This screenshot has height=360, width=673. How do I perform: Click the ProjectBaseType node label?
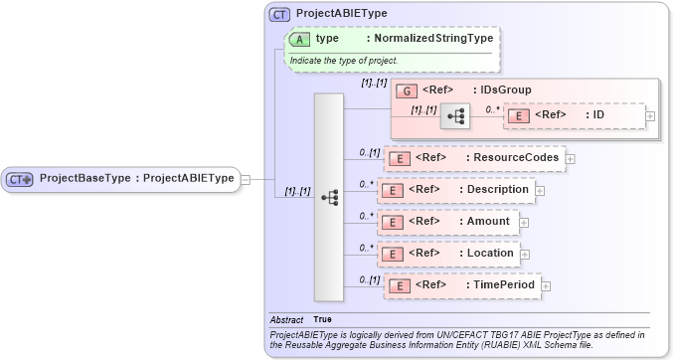136,179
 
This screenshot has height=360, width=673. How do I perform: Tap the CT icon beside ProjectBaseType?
21,179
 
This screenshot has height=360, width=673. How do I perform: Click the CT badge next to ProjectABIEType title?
280,13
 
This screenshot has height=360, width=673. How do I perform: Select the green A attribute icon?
299,38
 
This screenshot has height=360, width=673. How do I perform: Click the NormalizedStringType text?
429,38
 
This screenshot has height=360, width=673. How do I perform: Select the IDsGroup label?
502,90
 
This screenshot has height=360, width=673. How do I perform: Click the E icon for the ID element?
518,115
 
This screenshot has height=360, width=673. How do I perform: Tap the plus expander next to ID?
650,116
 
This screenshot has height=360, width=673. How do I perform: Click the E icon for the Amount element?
394,222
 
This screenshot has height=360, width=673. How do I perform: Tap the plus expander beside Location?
524,255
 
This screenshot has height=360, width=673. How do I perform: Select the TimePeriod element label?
501,285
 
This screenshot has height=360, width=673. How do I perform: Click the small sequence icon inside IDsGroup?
456,116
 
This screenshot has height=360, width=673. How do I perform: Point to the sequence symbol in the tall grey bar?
330,197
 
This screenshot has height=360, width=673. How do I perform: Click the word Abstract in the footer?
286,319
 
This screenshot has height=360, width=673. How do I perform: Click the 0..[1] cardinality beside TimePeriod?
369,279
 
